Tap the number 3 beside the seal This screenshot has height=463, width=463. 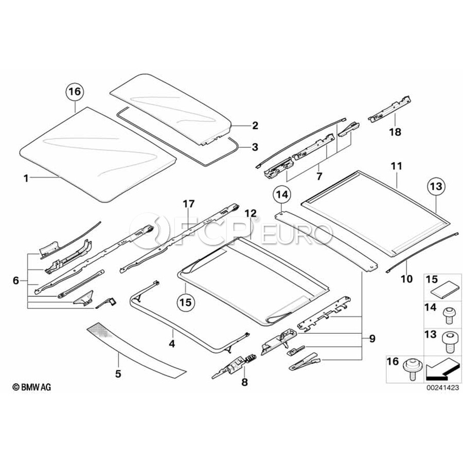(x=255, y=147)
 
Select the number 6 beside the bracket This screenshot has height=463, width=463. (x=16, y=280)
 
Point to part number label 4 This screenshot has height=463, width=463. (x=172, y=342)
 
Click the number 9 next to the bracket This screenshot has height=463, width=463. (x=372, y=339)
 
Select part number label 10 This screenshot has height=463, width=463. (x=406, y=279)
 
